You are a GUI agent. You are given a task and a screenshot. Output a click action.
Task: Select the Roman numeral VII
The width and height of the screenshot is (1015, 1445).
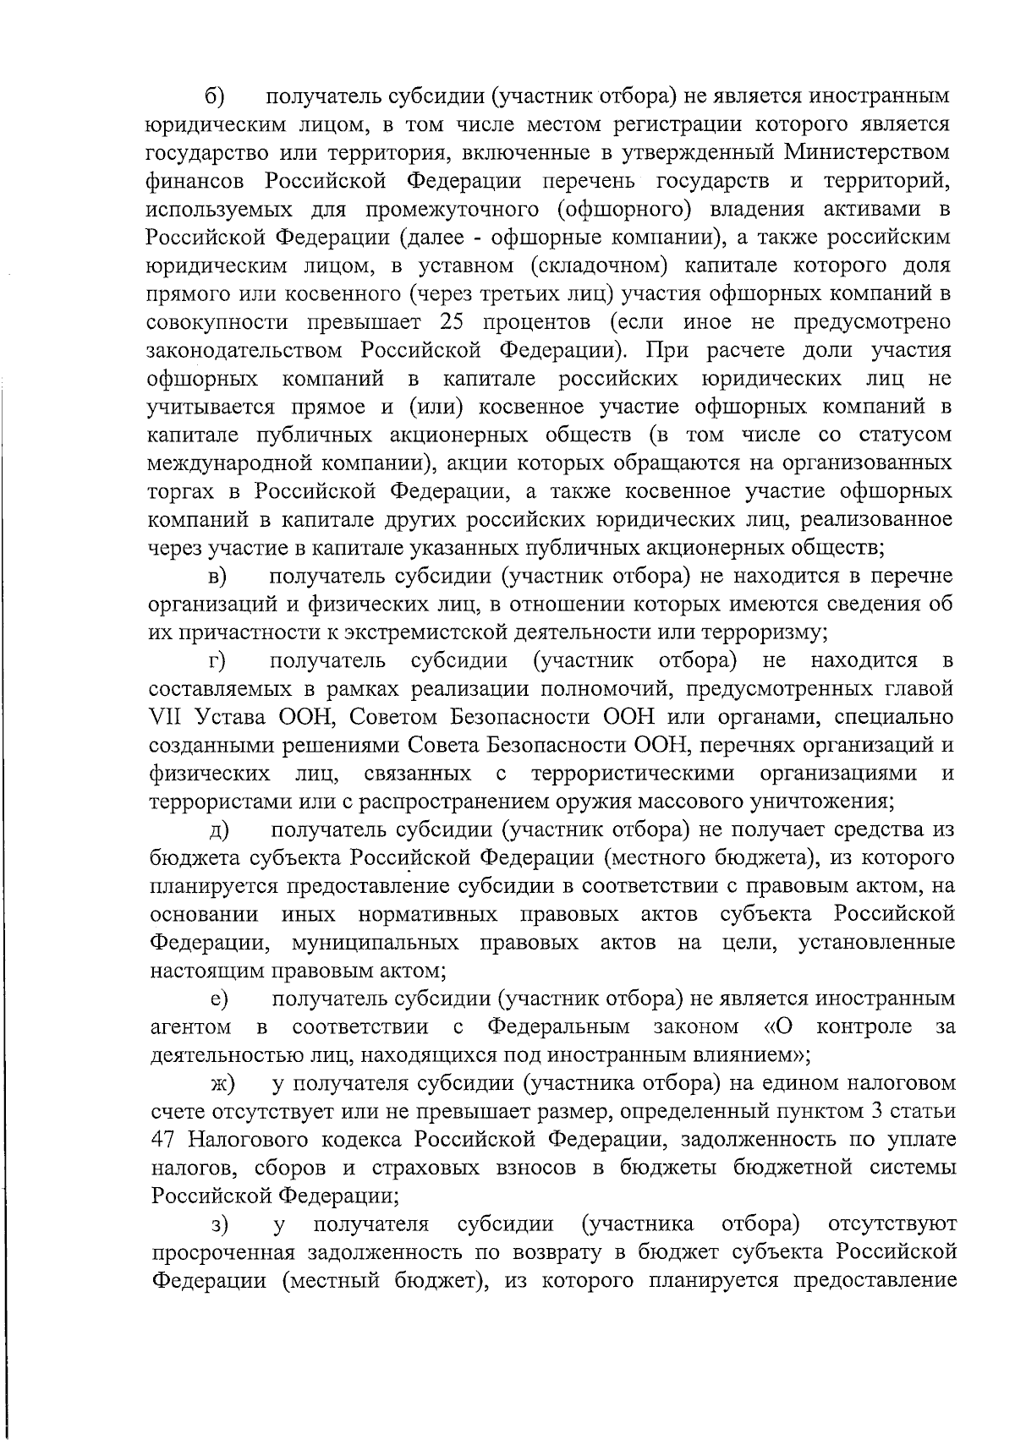pos(164,718)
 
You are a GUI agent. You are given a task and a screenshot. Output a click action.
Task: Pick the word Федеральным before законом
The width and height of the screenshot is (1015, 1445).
pos(558,1028)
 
